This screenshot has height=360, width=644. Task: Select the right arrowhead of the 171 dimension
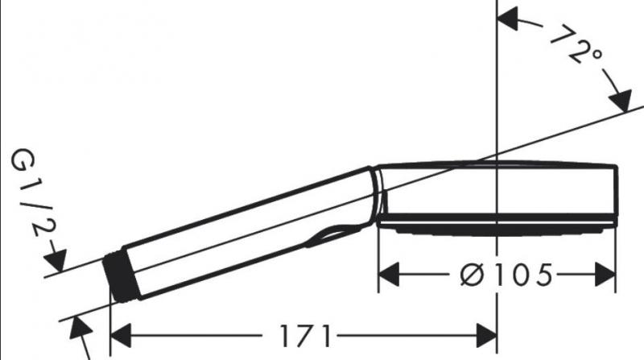[x=489, y=332]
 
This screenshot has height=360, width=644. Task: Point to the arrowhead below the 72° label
[x=620, y=103]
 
